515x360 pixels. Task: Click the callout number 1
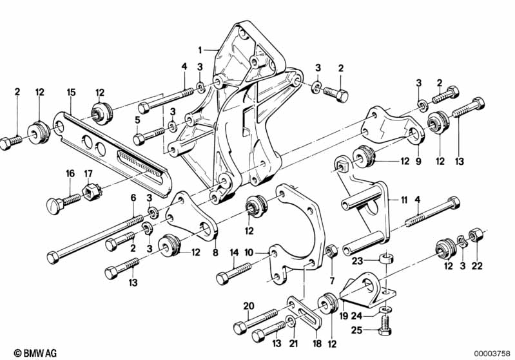click(200, 50)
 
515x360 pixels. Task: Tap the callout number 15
click(72, 93)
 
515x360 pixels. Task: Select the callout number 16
click(71, 173)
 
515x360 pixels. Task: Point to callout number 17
click(88, 173)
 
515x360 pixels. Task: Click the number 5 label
click(138, 121)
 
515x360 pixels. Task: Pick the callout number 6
click(133, 198)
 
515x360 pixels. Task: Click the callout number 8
click(215, 253)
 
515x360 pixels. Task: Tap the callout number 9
click(418, 161)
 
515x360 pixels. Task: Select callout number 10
click(249, 252)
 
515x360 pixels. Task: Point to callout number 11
click(403, 200)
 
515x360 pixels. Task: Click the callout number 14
click(234, 252)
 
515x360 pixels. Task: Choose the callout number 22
click(477, 265)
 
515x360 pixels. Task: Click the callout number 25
click(356, 330)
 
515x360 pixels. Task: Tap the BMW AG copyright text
click(35, 353)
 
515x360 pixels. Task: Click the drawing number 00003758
click(492, 354)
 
